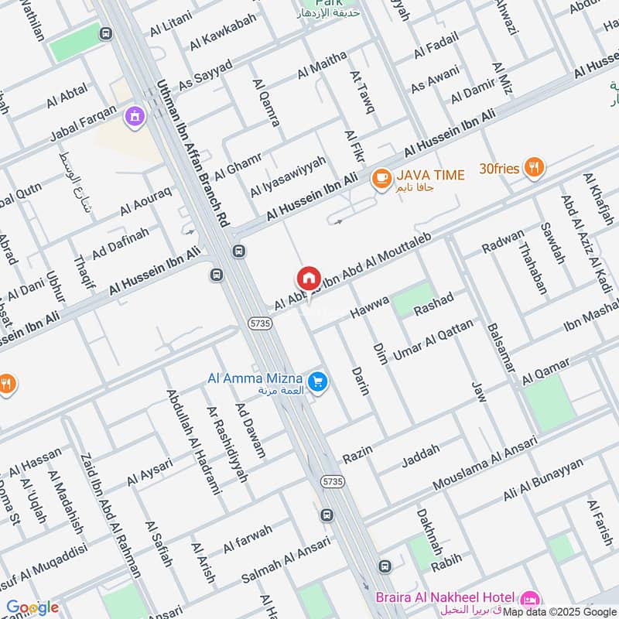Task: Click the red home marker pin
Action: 308,279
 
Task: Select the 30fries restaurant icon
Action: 533,166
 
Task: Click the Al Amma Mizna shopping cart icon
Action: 316,381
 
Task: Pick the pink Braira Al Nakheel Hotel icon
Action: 529,597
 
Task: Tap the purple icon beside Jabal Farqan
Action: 135,116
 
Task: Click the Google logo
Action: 32,607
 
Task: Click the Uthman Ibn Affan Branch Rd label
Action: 193,153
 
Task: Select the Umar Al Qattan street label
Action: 433,340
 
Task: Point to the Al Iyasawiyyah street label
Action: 288,176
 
